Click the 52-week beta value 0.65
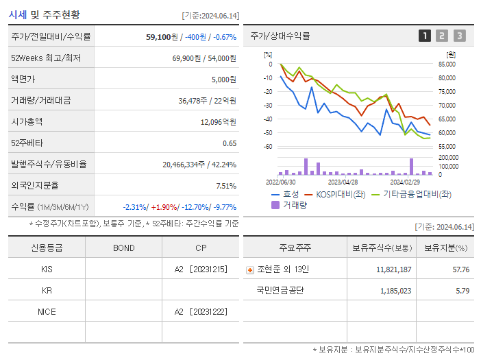pos(229,143)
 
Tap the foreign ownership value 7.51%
pos(225,185)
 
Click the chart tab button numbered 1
pos(425,36)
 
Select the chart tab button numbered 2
pos(442,36)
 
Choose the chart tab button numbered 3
pos(459,36)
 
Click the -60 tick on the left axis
pos(268,146)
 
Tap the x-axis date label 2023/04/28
pos(343,182)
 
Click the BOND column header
pos(123,248)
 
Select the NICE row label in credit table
pos(47,312)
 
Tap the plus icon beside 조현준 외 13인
pos(249,269)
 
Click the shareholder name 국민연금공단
pos(280,291)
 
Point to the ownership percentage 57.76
pos(460,269)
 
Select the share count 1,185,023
pos(395,291)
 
